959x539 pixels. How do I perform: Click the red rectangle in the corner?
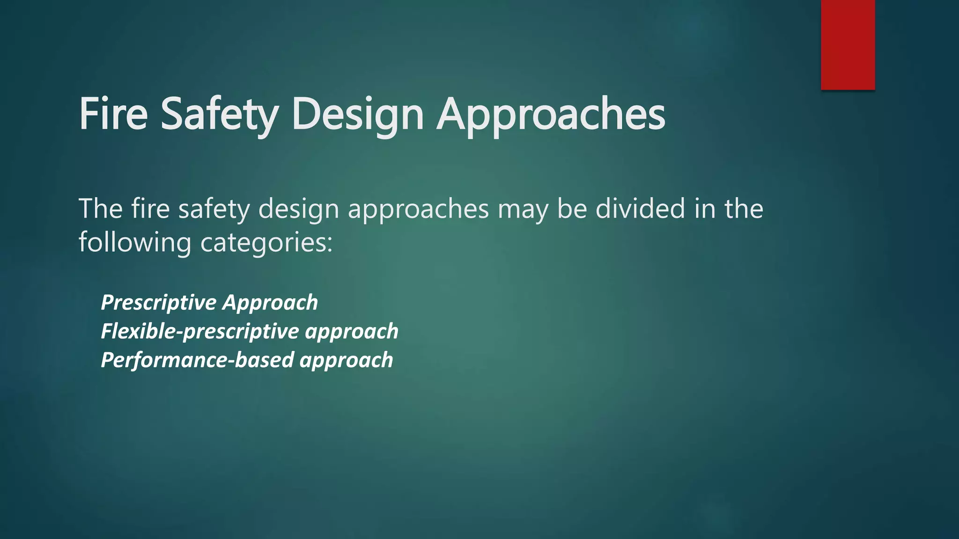click(x=848, y=44)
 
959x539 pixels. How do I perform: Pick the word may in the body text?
click(x=523, y=209)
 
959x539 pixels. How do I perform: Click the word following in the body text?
click(x=135, y=243)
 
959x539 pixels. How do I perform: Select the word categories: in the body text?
click(x=266, y=243)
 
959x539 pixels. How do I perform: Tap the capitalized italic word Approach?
click(x=270, y=303)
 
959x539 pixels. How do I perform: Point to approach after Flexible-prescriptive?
click(x=352, y=332)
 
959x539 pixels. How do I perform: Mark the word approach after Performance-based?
click(x=347, y=361)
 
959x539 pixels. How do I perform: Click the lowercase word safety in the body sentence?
click(x=214, y=209)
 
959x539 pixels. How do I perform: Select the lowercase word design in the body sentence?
click(x=299, y=209)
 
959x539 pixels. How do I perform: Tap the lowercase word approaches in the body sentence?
click(x=418, y=209)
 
